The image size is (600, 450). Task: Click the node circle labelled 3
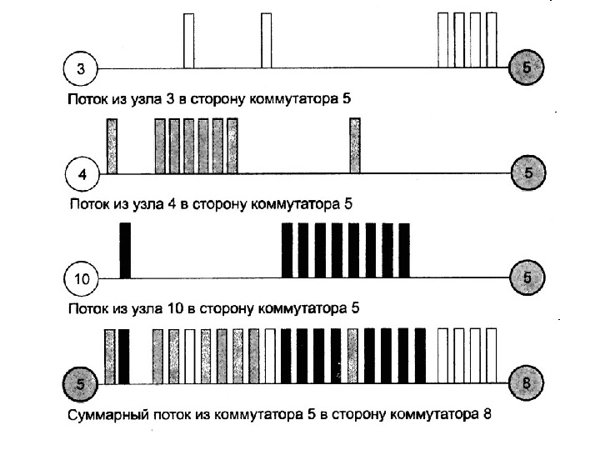tap(80, 68)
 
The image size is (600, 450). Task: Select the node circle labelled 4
tap(81, 173)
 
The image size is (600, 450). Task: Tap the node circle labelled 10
tap(81, 278)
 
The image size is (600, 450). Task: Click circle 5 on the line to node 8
tap(80, 383)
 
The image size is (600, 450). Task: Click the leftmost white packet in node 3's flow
tap(188, 40)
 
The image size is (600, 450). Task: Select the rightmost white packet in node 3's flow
tap(492, 40)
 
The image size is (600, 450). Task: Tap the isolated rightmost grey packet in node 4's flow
tap(355, 146)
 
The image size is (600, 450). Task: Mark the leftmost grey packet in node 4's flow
tap(112, 146)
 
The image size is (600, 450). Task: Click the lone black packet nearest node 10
tap(126, 250)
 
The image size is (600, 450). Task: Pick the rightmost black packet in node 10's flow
tap(404, 250)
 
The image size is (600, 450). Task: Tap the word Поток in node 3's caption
tap(86, 98)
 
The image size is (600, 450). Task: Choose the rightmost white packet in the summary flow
tap(492, 356)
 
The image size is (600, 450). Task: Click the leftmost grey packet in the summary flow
tap(109, 356)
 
